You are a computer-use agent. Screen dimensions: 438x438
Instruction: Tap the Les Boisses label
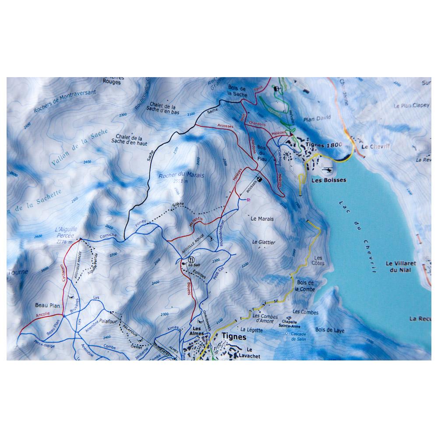(x=328, y=180)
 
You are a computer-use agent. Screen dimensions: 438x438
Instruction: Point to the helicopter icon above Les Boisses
(x=326, y=169)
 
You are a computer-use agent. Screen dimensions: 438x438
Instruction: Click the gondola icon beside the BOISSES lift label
(x=259, y=179)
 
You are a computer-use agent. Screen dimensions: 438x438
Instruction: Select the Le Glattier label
(x=264, y=242)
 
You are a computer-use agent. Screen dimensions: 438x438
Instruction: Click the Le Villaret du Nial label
(x=400, y=267)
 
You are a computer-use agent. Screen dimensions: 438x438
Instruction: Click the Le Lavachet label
(x=253, y=353)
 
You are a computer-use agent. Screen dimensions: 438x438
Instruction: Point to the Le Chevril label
(x=373, y=148)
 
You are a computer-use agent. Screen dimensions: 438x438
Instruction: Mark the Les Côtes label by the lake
(x=318, y=261)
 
